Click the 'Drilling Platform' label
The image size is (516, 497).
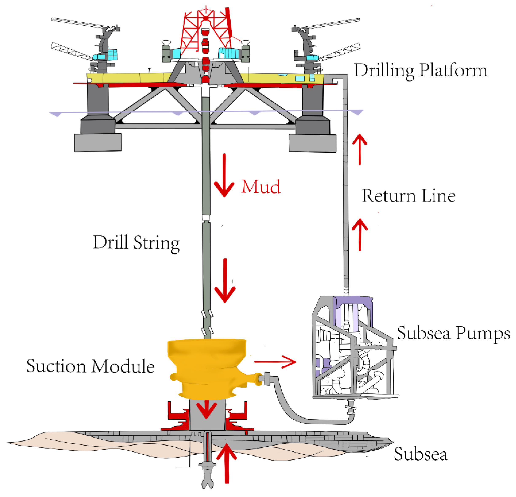pyautogui.click(x=421, y=71)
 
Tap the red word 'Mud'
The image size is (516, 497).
pyautogui.click(x=261, y=187)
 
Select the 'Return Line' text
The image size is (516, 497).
pyautogui.click(x=408, y=196)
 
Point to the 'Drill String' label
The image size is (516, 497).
pyautogui.click(x=136, y=242)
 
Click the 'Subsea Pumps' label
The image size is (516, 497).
pyautogui.click(x=453, y=333)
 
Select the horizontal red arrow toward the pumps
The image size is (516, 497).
pyautogui.click(x=275, y=362)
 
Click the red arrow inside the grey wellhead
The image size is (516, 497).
pyautogui.click(x=207, y=409)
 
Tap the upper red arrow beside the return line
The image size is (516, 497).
pyautogui.click(x=360, y=149)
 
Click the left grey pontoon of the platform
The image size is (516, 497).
pyautogui.click(x=98, y=143)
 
